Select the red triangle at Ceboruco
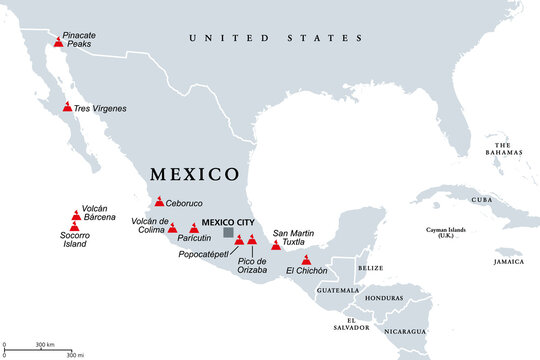click(159, 202)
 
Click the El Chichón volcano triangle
click(306, 261)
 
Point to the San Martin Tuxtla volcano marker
click(276, 245)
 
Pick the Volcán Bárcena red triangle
click(77, 214)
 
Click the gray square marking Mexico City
click(229, 233)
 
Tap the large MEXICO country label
click(195, 173)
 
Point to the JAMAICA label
click(507, 261)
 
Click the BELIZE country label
click(370, 268)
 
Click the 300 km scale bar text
click(45, 345)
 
